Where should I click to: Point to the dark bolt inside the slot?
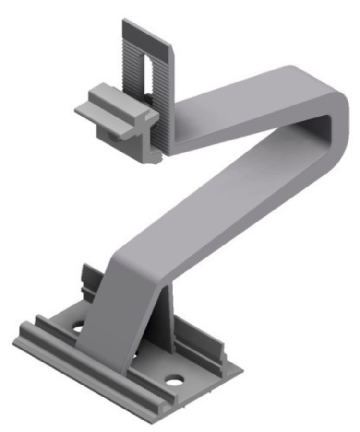[150, 98]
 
